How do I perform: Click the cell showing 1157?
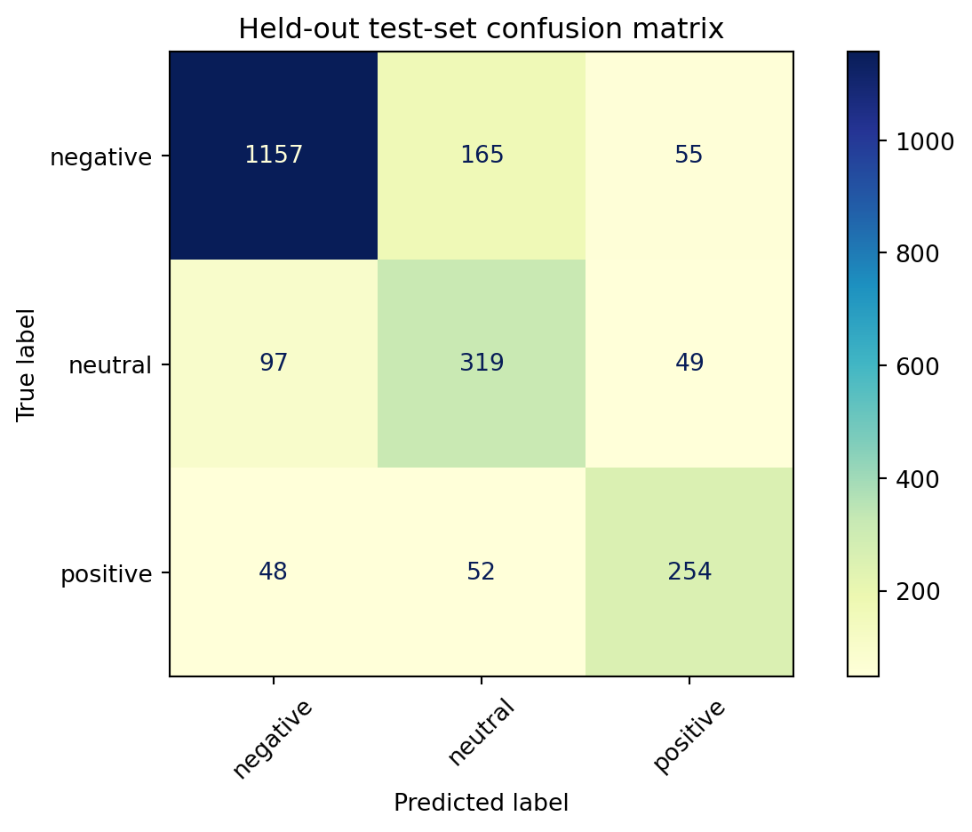point(274,155)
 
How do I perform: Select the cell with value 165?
point(482,155)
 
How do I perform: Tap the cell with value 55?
point(689,155)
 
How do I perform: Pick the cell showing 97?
point(274,364)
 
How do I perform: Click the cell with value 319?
point(482,364)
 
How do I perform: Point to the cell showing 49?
point(689,364)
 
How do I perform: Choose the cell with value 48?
point(274,572)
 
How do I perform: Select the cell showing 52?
point(482,572)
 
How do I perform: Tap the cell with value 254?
point(689,572)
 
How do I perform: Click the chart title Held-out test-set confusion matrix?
point(481,29)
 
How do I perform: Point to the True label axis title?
point(26,364)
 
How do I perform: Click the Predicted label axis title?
point(481,803)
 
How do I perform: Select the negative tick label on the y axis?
point(100,157)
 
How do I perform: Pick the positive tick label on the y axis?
point(106,574)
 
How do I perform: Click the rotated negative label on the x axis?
point(273,739)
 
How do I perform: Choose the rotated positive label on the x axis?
point(689,736)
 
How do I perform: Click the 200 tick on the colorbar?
point(918,591)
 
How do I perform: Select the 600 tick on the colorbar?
point(918,366)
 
